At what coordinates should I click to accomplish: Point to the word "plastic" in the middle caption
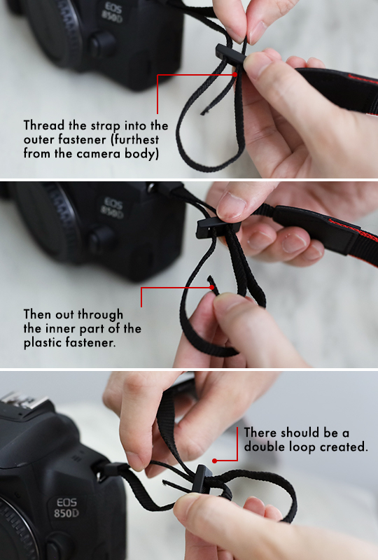point(42,342)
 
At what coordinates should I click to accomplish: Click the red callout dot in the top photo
point(234,74)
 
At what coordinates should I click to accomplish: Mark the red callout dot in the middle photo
point(212,287)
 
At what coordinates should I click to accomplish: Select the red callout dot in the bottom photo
point(214,461)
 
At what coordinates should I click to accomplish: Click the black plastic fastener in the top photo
point(230,55)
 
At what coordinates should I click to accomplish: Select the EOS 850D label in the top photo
point(112,13)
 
